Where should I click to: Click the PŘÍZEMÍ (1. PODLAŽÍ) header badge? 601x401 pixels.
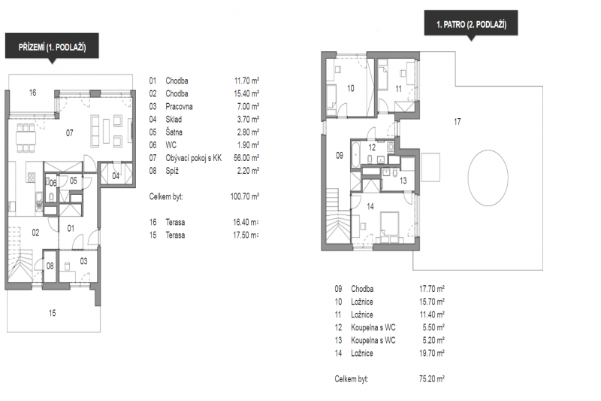click(52, 47)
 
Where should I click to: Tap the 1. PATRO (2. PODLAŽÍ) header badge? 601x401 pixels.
click(472, 25)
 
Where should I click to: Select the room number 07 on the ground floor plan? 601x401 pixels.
click(69, 133)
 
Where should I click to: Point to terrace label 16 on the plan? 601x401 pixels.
click(32, 93)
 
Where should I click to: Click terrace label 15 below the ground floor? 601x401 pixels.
click(52, 313)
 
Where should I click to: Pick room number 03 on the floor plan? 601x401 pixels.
click(83, 261)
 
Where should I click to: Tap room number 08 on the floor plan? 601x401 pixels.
click(50, 266)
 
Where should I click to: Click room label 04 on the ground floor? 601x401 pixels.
click(116, 175)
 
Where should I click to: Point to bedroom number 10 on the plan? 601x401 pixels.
click(350, 88)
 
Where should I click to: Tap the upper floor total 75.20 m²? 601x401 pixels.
click(432, 379)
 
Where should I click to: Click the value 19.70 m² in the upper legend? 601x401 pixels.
click(432, 352)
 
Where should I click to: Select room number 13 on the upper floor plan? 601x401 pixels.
click(403, 181)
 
